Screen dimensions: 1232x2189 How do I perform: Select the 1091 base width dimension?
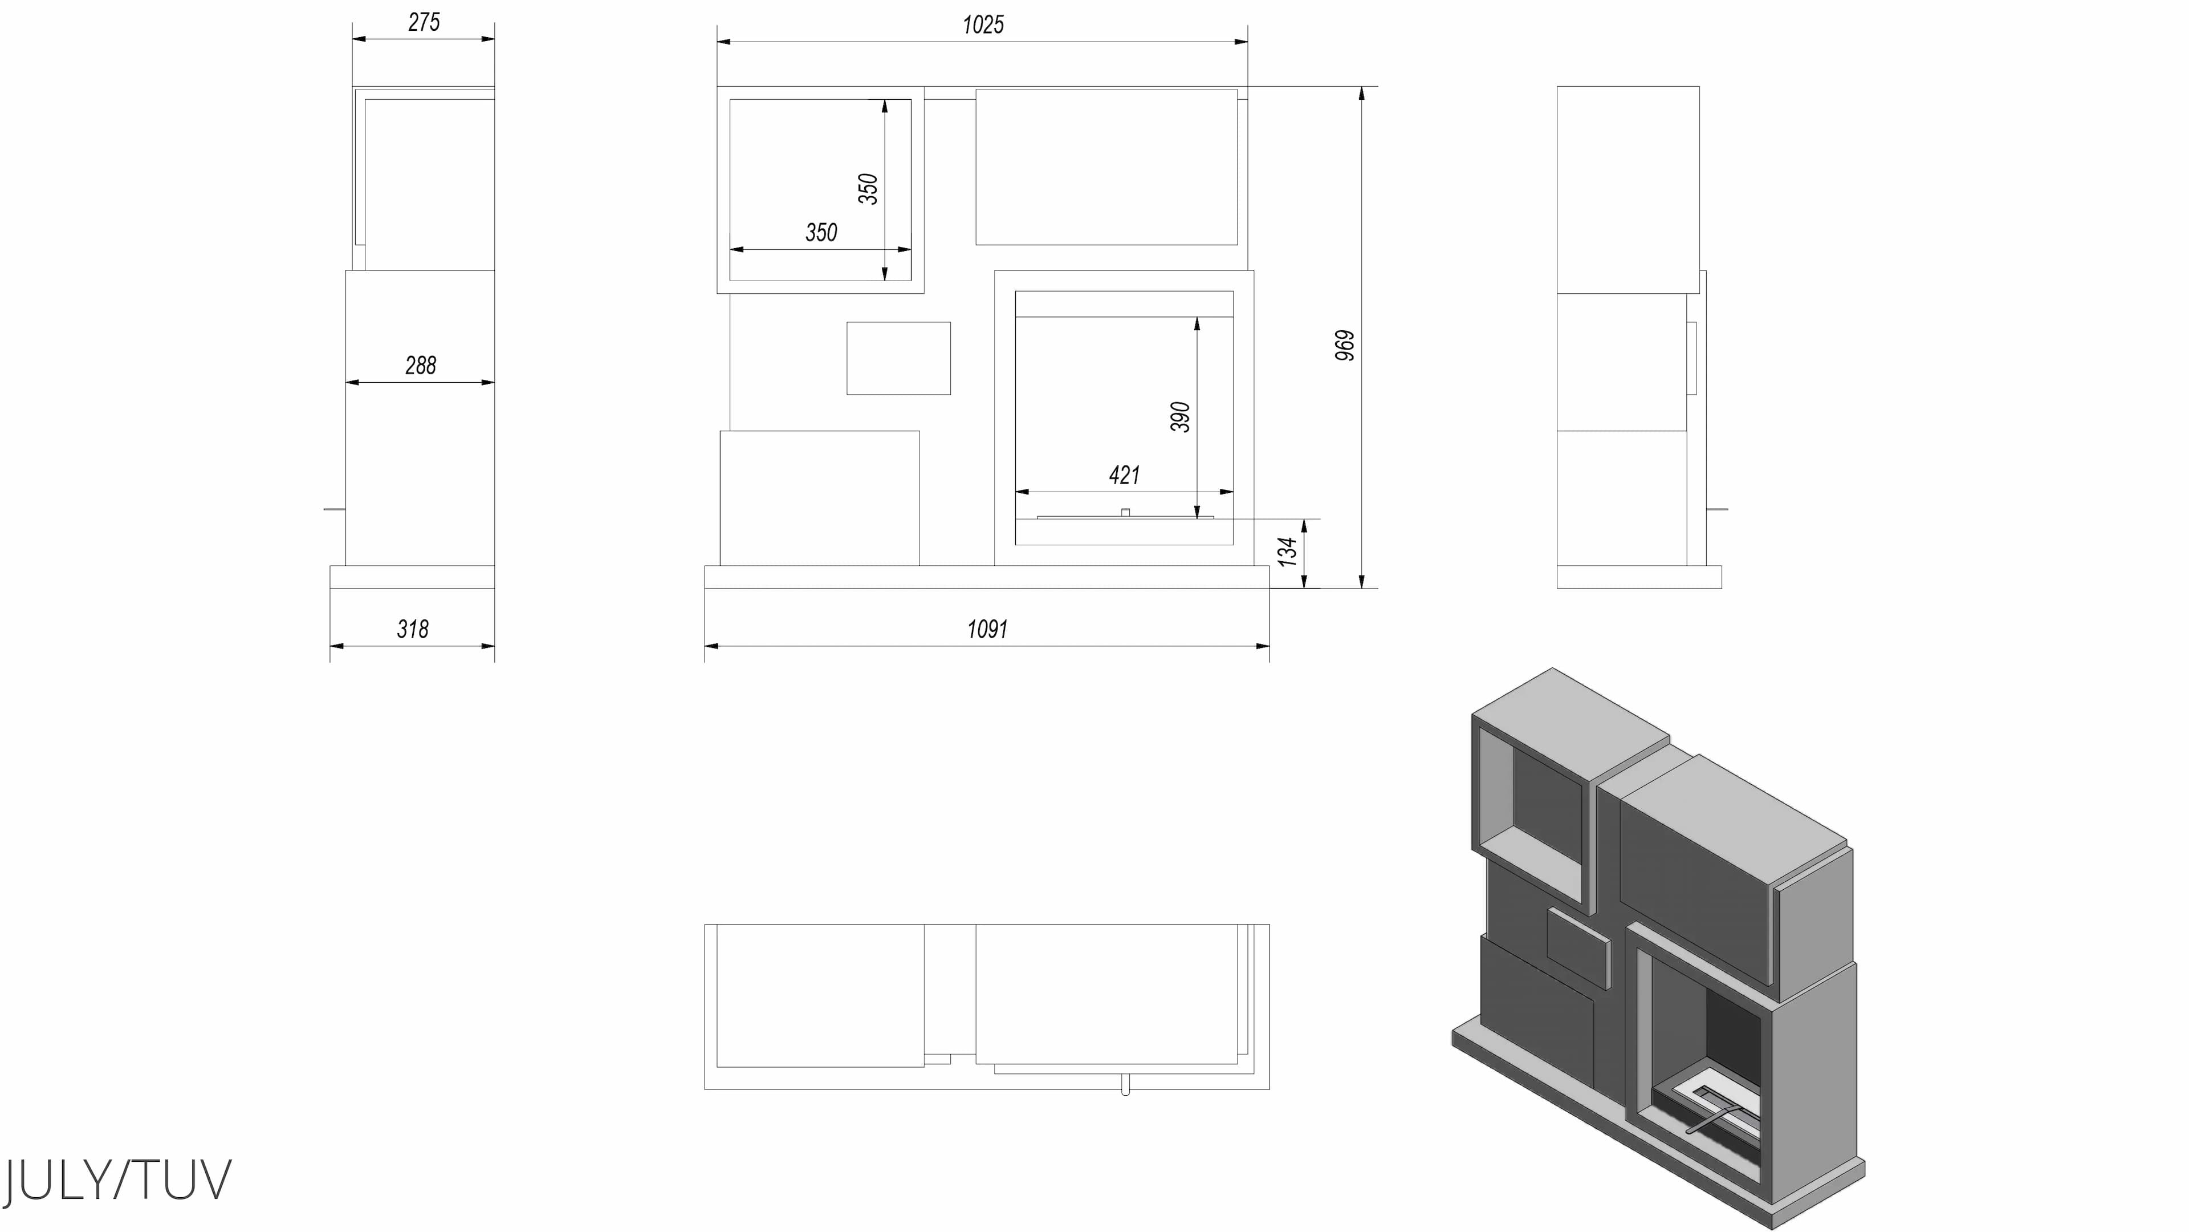click(x=987, y=629)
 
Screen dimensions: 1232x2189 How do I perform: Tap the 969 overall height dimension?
click(x=1345, y=345)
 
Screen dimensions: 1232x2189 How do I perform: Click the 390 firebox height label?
click(x=1181, y=416)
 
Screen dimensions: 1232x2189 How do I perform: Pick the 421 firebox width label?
click(x=1124, y=475)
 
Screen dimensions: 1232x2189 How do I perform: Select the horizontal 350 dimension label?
click(x=821, y=233)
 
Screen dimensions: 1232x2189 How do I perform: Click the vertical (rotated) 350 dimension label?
click(x=868, y=189)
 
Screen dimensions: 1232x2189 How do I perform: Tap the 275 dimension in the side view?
click(x=423, y=23)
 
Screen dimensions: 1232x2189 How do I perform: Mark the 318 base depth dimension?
click(x=412, y=629)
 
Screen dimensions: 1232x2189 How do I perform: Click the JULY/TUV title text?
click(x=117, y=1180)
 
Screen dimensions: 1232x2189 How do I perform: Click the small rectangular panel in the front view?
click(x=898, y=358)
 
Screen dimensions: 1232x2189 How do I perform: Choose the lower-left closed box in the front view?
click(x=819, y=497)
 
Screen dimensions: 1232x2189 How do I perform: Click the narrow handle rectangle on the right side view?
click(x=1692, y=358)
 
